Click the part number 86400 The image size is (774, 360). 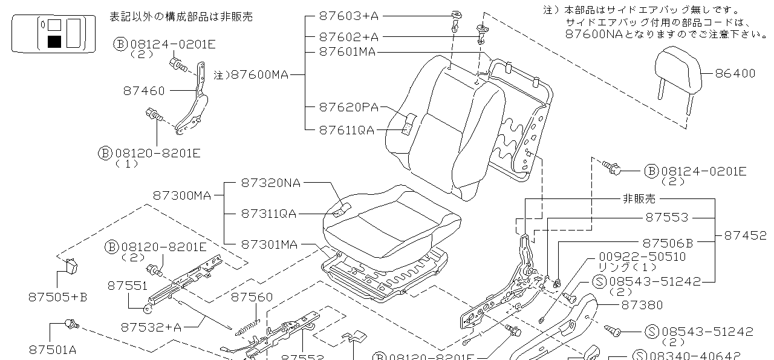pyautogui.click(x=735, y=74)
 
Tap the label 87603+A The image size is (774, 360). pyautogui.click(x=348, y=16)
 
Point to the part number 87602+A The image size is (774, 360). pyautogui.click(x=348, y=36)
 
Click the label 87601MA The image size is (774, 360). pyautogui.click(x=347, y=52)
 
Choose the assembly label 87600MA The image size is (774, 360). pyautogui.click(x=259, y=75)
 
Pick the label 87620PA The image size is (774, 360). pyautogui.click(x=348, y=108)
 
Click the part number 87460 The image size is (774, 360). pyautogui.click(x=144, y=91)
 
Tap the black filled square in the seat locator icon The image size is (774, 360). pyautogui.click(x=54, y=42)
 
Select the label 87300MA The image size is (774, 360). pyautogui.click(x=181, y=195)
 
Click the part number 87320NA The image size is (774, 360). pyautogui.click(x=270, y=182)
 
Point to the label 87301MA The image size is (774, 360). pyautogui.click(x=269, y=244)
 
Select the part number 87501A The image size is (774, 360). pyautogui.click(x=53, y=349)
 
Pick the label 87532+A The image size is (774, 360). pyautogui.click(x=151, y=327)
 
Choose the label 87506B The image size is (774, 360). pyautogui.click(x=668, y=243)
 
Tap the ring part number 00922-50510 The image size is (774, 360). pyautogui.click(x=642, y=257)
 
